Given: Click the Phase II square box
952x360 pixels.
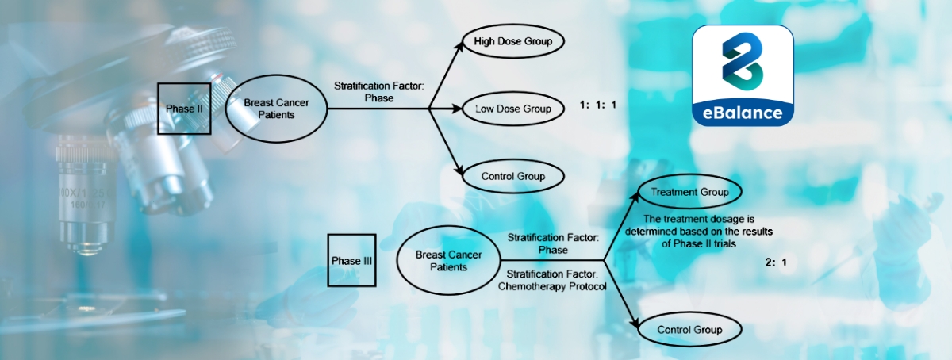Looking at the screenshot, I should [x=184, y=109].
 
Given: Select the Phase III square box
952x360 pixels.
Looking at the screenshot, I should [x=351, y=260].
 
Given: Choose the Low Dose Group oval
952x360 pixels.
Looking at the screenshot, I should [x=512, y=108].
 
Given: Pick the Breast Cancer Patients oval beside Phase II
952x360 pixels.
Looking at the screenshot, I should [x=276, y=109].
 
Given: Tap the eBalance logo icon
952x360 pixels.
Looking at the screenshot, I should [x=743, y=64].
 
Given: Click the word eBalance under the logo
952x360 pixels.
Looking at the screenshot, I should [x=743, y=113].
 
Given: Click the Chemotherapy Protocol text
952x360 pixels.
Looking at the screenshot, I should [x=551, y=286].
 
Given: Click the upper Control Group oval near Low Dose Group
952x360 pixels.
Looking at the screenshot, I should [x=512, y=176].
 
